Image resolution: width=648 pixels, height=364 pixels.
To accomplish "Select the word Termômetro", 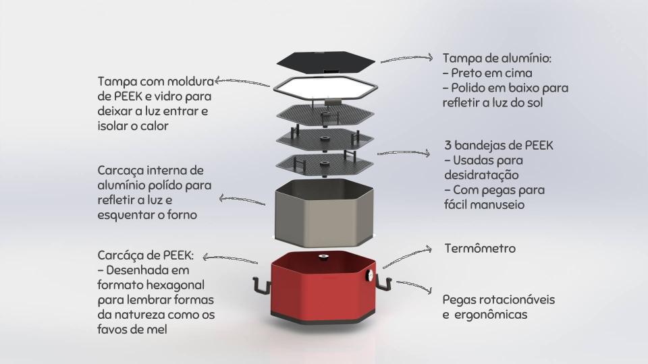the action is coord(480,248).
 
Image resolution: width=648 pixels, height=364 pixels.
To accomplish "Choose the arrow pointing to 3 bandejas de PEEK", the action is coord(404,153).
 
